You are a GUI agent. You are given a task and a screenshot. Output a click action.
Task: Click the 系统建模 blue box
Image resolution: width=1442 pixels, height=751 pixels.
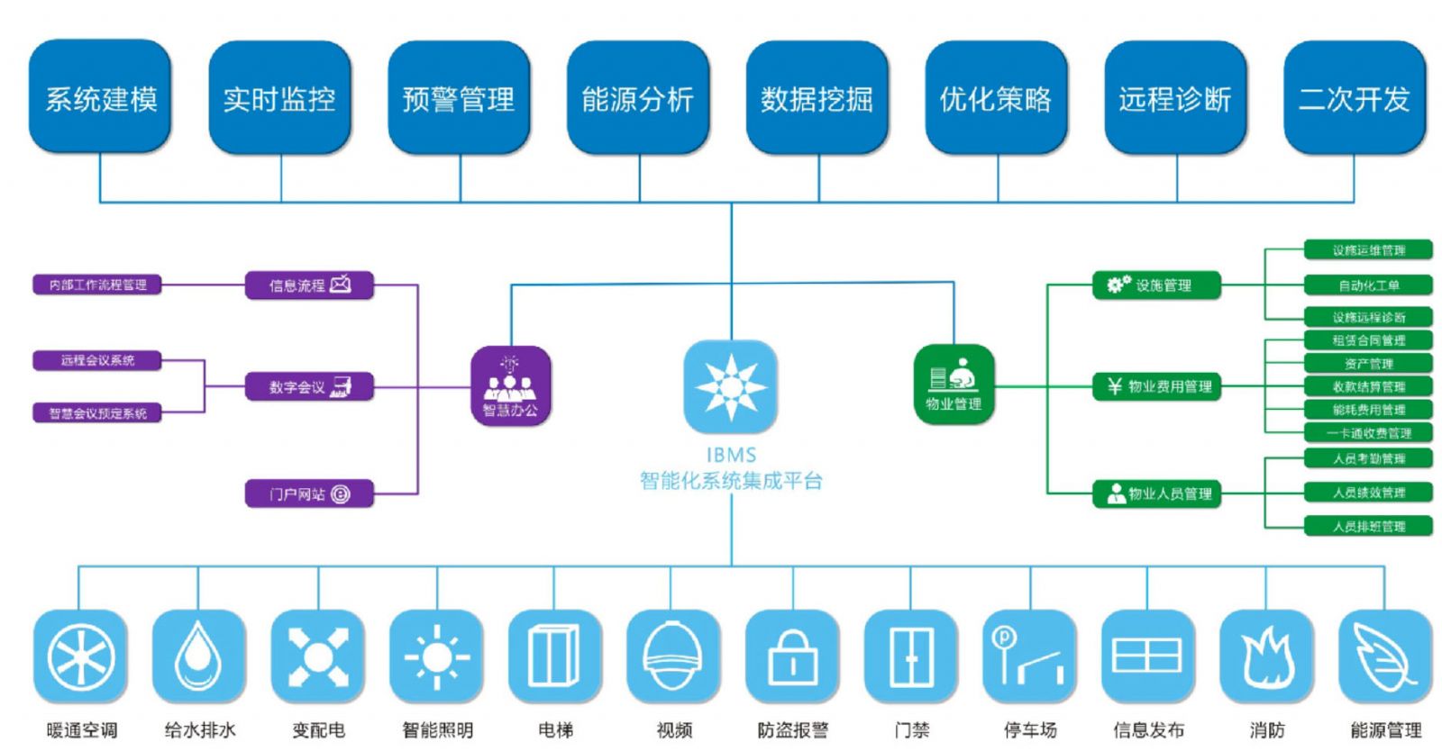(x=100, y=97)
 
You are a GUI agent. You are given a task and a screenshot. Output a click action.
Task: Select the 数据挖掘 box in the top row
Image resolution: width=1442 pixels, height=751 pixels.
(x=817, y=97)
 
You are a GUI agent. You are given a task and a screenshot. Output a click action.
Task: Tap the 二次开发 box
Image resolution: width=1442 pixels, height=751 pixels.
(x=1354, y=97)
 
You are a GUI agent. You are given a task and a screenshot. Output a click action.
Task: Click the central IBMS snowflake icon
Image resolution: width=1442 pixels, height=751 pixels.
(x=731, y=385)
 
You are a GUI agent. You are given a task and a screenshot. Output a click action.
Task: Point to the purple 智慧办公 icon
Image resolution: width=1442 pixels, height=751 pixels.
(x=510, y=385)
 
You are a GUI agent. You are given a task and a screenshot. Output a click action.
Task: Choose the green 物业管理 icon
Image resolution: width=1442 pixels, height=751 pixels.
(x=954, y=383)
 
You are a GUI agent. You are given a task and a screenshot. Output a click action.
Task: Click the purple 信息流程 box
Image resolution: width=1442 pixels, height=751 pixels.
(x=309, y=285)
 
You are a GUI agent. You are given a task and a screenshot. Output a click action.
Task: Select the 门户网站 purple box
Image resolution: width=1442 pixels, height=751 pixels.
(x=309, y=493)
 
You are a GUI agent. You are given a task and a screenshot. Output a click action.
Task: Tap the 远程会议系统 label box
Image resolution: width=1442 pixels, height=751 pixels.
(x=97, y=360)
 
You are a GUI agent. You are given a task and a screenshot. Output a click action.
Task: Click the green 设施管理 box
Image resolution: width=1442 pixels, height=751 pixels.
(x=1156, y=285)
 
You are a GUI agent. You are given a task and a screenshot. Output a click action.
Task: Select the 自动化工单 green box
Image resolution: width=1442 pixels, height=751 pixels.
(x=1368, y=285)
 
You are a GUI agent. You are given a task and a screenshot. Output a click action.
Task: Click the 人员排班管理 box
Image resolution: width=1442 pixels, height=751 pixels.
(x=1368, y=526)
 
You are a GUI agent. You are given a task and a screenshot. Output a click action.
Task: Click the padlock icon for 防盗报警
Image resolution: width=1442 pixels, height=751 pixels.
(x=792, y=656)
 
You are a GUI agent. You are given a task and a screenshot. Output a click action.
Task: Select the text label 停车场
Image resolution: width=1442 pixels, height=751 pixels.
(x=1030, y=730)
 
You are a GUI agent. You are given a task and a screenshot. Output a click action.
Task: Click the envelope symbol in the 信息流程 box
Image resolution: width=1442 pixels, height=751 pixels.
(x=341, y=285)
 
